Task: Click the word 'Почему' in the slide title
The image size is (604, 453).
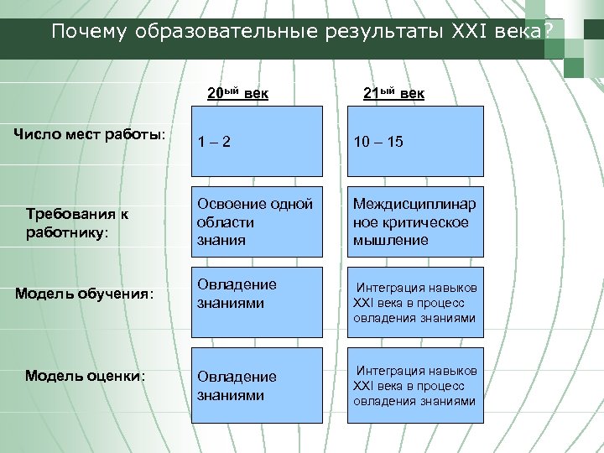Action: click(x=82, y=32)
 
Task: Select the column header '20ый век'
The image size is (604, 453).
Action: click(x=237, y=91)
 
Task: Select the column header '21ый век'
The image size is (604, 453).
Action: click(x=393, y=91)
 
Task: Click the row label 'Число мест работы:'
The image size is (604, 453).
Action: click(x=92, y=135)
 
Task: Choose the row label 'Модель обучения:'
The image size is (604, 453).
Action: click(x=86, y=294)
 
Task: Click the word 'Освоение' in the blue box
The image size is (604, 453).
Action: click(x=231, y=204)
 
